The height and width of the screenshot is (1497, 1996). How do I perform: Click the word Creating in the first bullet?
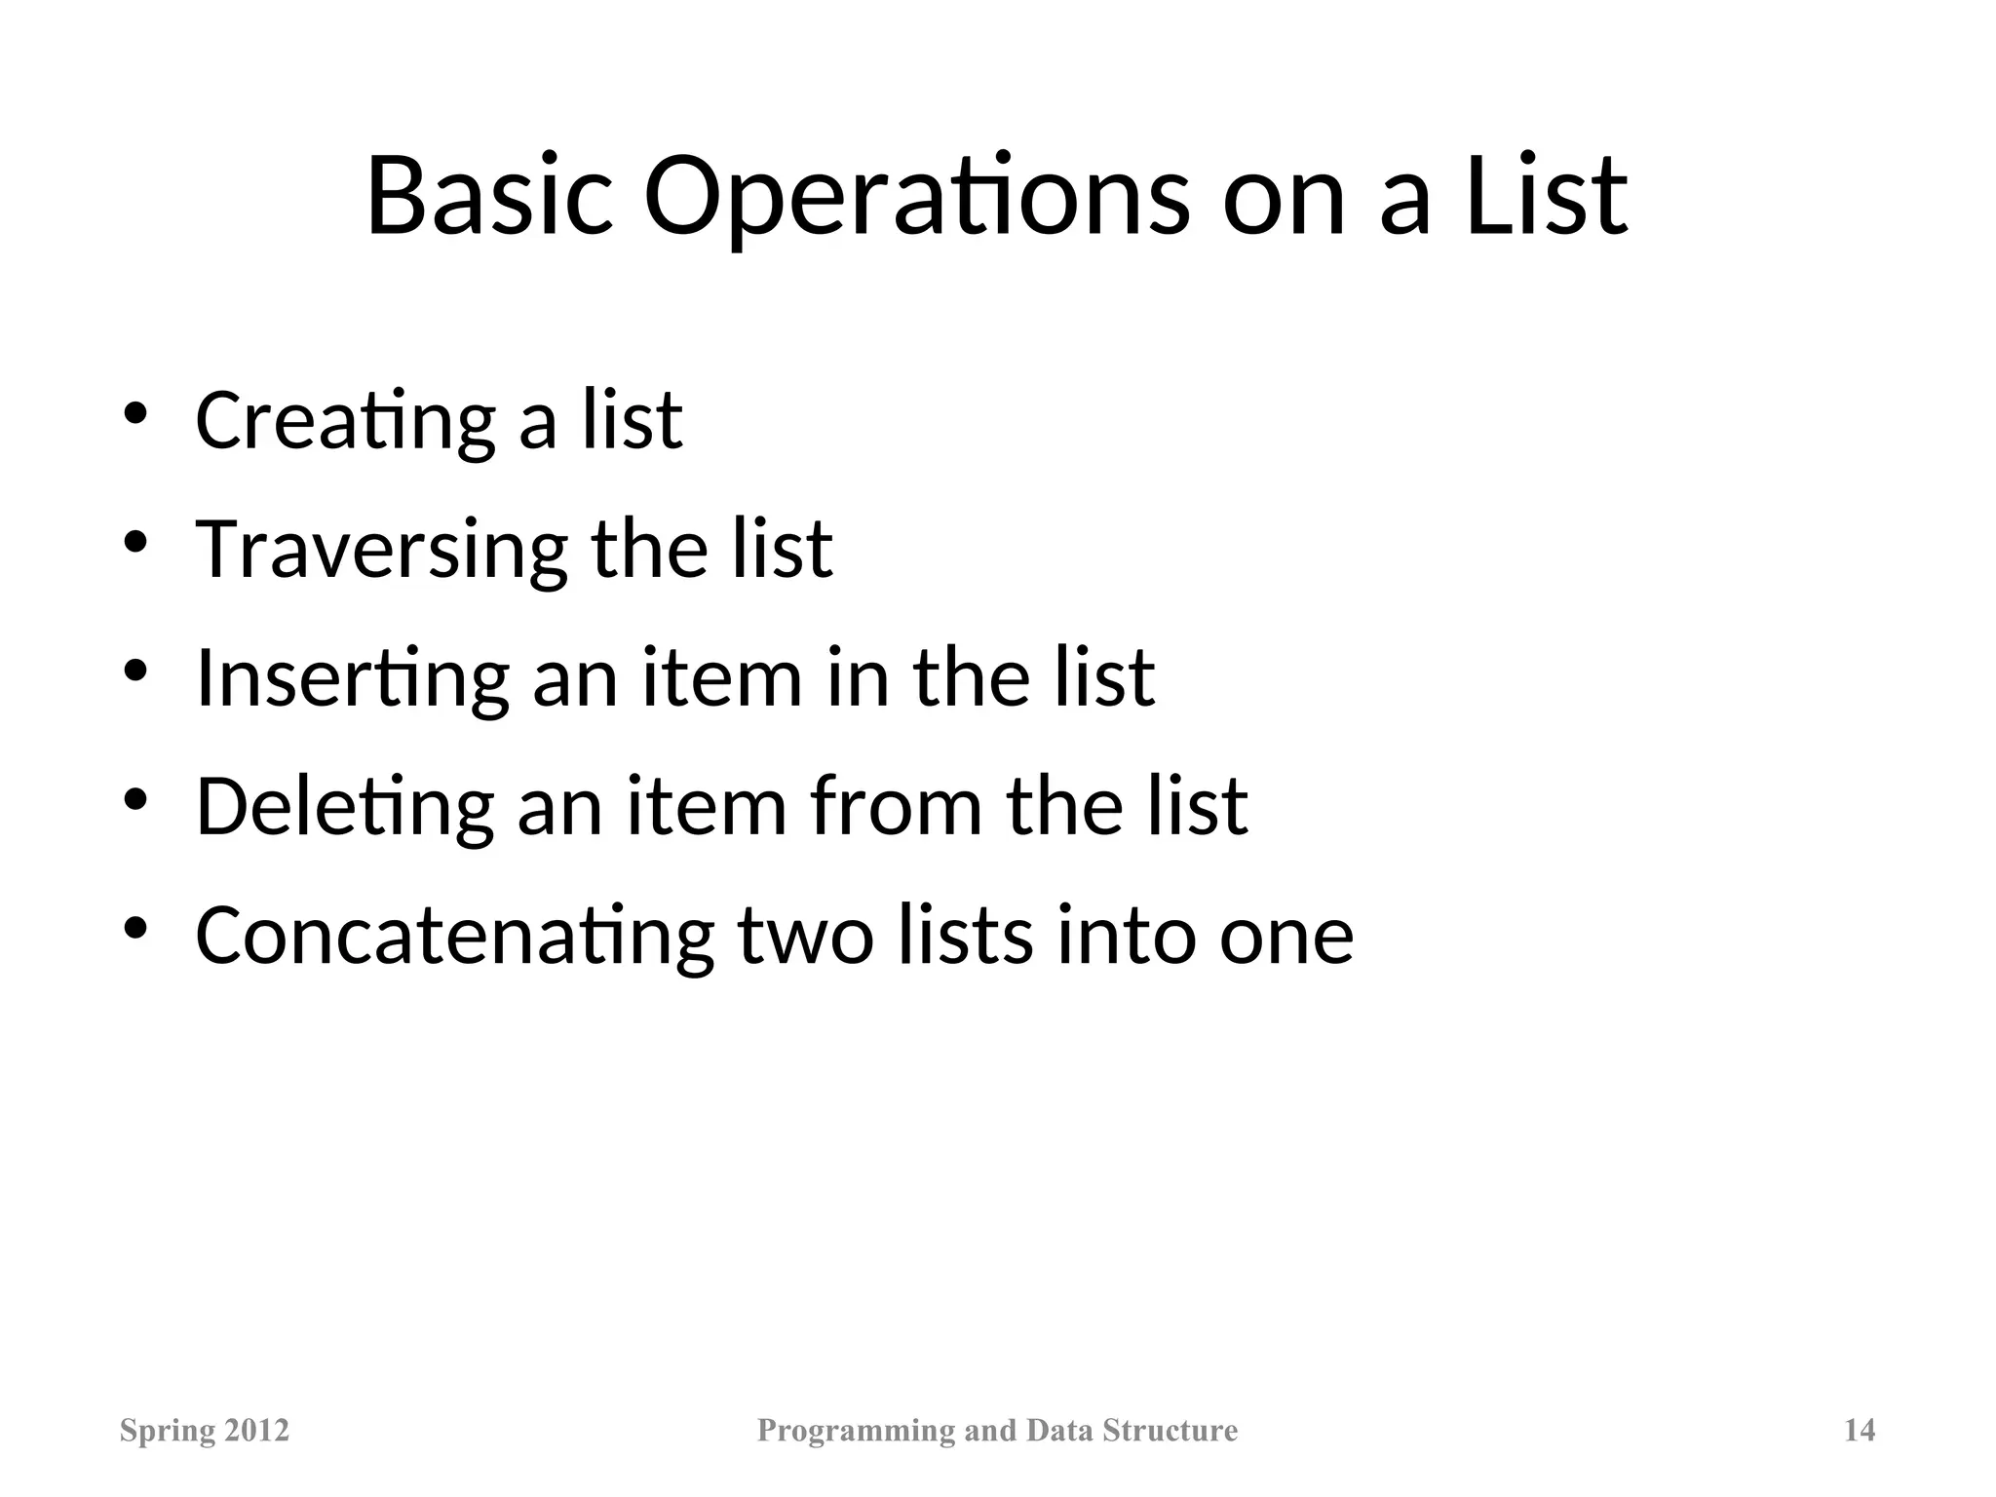(x=345, y=421)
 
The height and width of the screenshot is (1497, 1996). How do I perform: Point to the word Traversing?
(x=381, y=551)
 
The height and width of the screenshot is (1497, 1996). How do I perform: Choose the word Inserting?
(x=352, y=679)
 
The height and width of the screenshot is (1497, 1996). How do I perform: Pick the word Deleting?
(x=344, y=807)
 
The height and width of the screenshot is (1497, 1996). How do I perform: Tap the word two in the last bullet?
(x=805, y=936)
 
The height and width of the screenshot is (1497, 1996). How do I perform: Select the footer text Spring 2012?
(x=205, y=1431)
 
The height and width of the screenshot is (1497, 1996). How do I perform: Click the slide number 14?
(x=1860, y=1430)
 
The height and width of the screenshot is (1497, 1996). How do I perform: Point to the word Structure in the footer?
(x=1170, y=1430)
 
